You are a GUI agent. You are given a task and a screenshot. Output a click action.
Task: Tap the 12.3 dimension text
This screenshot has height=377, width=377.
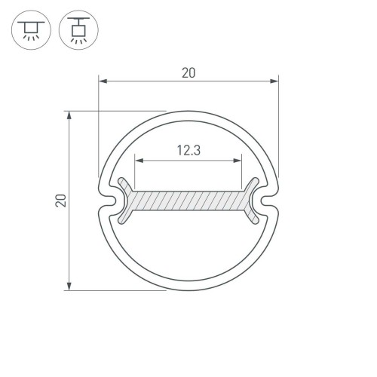pyautogui.click(x=188, y=150)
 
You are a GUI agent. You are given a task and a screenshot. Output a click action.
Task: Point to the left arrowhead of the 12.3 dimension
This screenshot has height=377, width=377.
pyautogui.click(x=139, y=159)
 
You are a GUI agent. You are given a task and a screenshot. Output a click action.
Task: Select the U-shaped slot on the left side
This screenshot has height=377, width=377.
pyautogui.click(x=108, y=201)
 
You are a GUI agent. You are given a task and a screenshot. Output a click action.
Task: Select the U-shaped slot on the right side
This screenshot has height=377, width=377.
pyautogui.click(x=269, y=201)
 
